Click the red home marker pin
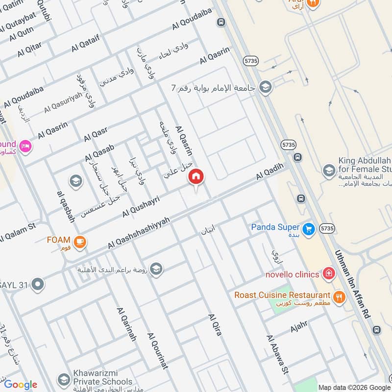click(x=196, y=177)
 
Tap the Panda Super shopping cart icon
click(x=308, y=229)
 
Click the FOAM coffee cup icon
click(x=79, y=241)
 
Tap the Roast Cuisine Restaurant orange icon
click(x=338, y=296)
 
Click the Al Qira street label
click(x=215, y=324)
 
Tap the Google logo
click(x=21, y=385)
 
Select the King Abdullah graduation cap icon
click(x=329, y=171)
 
